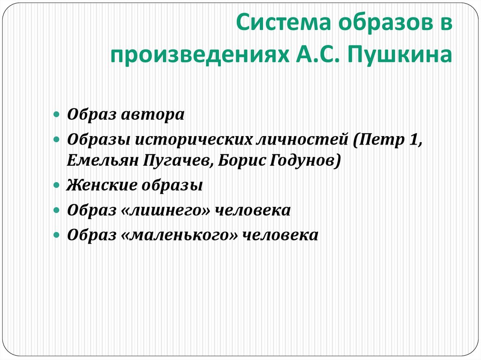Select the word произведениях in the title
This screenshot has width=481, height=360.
tap(198, 54)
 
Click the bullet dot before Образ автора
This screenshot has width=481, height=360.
tap(56, 115)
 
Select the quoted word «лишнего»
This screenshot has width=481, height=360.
tap(166, 210)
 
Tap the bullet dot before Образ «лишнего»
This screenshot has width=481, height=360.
tap(56, 210)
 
